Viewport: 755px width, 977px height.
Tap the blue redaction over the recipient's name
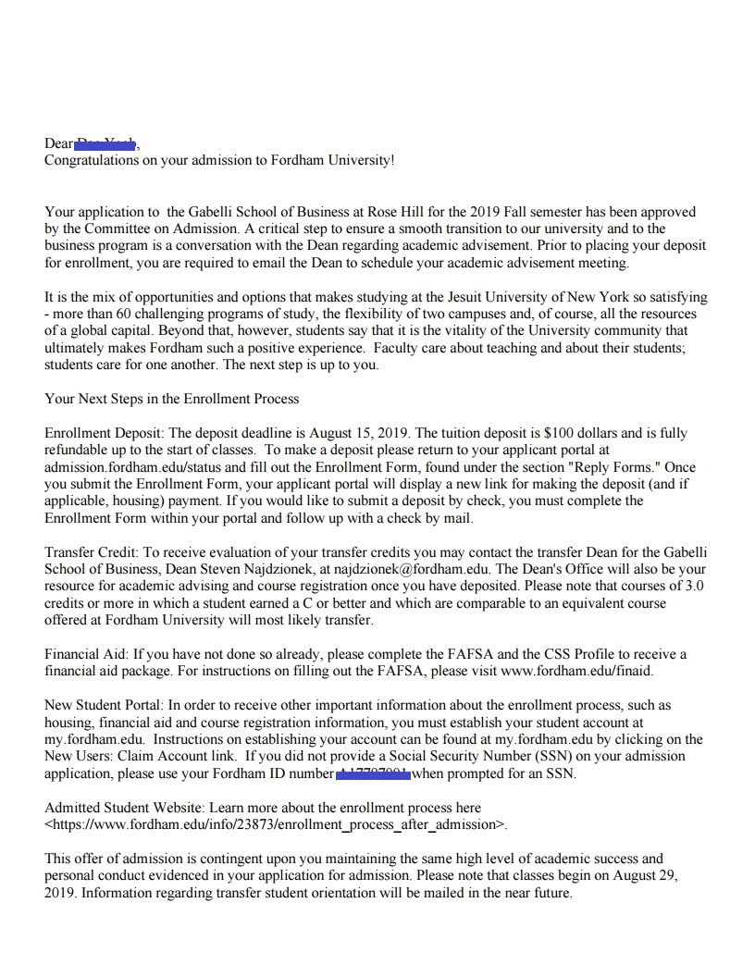tap(105, 142)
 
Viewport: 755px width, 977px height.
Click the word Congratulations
tap(93, 160)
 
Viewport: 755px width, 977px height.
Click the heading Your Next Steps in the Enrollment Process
tap(172, 399)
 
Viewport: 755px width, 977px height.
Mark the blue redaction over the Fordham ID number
tap(373, 773)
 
